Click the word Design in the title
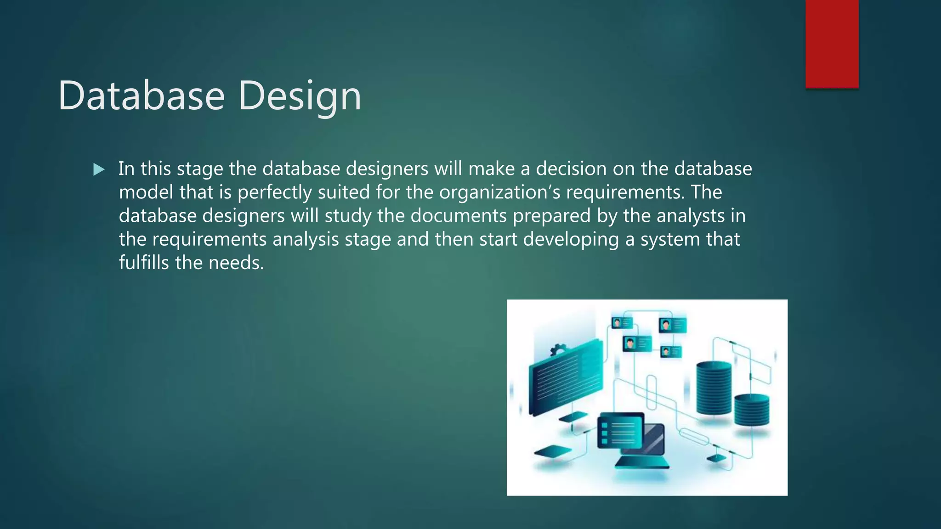point(300,96)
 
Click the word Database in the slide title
point(142,96)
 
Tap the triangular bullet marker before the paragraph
point(98,170)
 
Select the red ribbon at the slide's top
point(832,44)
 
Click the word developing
point(571,239)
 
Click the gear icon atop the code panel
point(558,350)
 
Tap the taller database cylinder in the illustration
point(714,388)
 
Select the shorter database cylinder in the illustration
point(751,410)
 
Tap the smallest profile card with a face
point(670,352)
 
